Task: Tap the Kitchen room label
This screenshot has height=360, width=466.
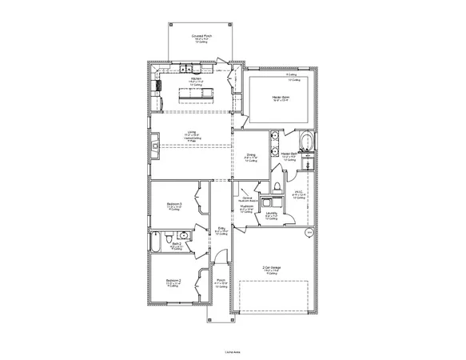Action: tap(196, 78)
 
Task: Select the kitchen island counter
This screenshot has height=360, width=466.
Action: tap(197, 95)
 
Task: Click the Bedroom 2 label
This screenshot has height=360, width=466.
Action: tap(173, 280)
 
